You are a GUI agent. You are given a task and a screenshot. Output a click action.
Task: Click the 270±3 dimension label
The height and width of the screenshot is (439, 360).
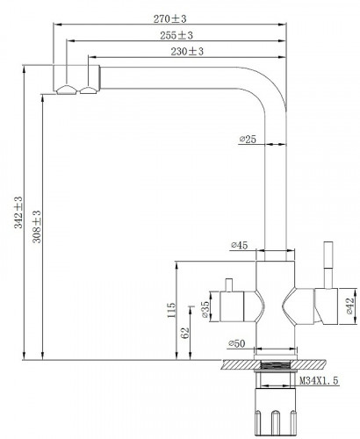point(169,19)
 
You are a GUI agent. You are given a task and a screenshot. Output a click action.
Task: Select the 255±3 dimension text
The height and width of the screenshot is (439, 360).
point(176,35)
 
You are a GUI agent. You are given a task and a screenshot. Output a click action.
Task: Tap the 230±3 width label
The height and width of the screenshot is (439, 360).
point(187,52)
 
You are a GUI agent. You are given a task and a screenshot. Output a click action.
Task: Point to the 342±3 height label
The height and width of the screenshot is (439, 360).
point(18,212)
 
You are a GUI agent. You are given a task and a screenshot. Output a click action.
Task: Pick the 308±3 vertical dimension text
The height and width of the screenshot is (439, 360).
point(37,227)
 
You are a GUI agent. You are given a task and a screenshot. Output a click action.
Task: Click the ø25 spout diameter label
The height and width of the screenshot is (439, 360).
point(248,140)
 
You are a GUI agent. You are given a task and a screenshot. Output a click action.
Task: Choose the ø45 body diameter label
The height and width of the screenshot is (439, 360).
point(239,245)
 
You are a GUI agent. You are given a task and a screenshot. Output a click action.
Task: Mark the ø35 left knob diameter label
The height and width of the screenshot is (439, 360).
point(205,309)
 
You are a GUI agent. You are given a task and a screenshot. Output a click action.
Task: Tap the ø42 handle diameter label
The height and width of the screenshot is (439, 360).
point(349,306)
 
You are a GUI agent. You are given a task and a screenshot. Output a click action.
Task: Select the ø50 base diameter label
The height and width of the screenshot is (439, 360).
point(236,343)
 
